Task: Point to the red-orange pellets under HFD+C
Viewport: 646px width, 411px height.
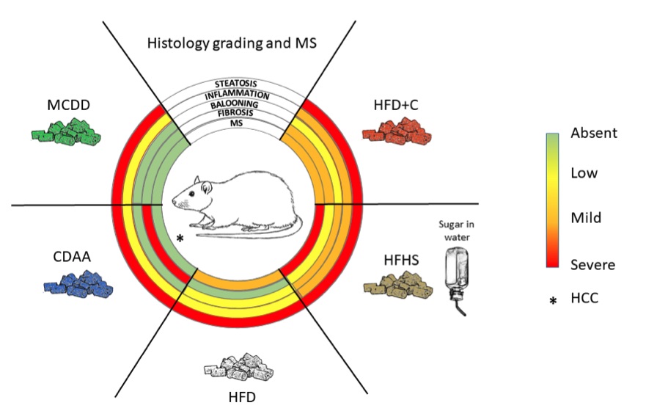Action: tap(397, 133)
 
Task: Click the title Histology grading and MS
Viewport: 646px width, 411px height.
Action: tap(232, 43)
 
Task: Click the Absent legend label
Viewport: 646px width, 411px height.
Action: tap(593, 134)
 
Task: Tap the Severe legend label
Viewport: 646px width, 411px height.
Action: tap(593, 264)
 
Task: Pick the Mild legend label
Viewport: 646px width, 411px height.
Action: tap(587, 217)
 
